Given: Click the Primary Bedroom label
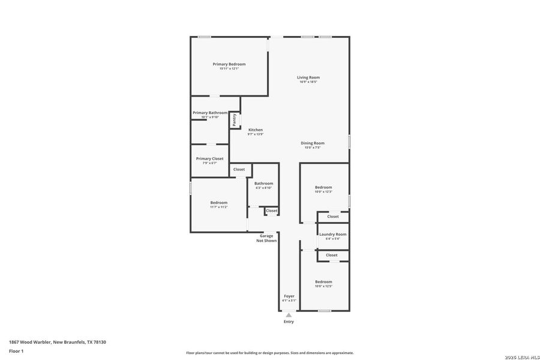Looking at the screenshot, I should [229, 64].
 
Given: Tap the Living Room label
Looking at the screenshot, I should [308, 77].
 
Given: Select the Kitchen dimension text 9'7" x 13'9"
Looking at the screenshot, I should [255, 134].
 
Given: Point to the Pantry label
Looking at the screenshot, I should [235, 120].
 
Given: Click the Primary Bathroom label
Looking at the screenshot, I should [209, 113].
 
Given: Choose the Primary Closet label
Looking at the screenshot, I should [209, 158].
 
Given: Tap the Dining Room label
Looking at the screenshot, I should [313, 143].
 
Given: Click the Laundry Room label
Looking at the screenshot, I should [332, 234].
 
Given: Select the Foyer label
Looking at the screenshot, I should [289, 296].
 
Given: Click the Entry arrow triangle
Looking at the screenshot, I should [289, 314].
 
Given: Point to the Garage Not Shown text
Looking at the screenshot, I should [267, 238].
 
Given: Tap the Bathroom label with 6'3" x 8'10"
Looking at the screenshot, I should [263, 184].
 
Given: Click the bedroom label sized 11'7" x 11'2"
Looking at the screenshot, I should [218, 203].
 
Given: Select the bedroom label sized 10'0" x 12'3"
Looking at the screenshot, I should [323, 187].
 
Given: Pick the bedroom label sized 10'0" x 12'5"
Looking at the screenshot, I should [323, 281].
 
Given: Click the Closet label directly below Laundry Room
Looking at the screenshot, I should [332, 255].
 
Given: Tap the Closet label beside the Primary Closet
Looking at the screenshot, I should [239, 169].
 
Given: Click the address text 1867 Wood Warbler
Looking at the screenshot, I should [58, 342].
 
